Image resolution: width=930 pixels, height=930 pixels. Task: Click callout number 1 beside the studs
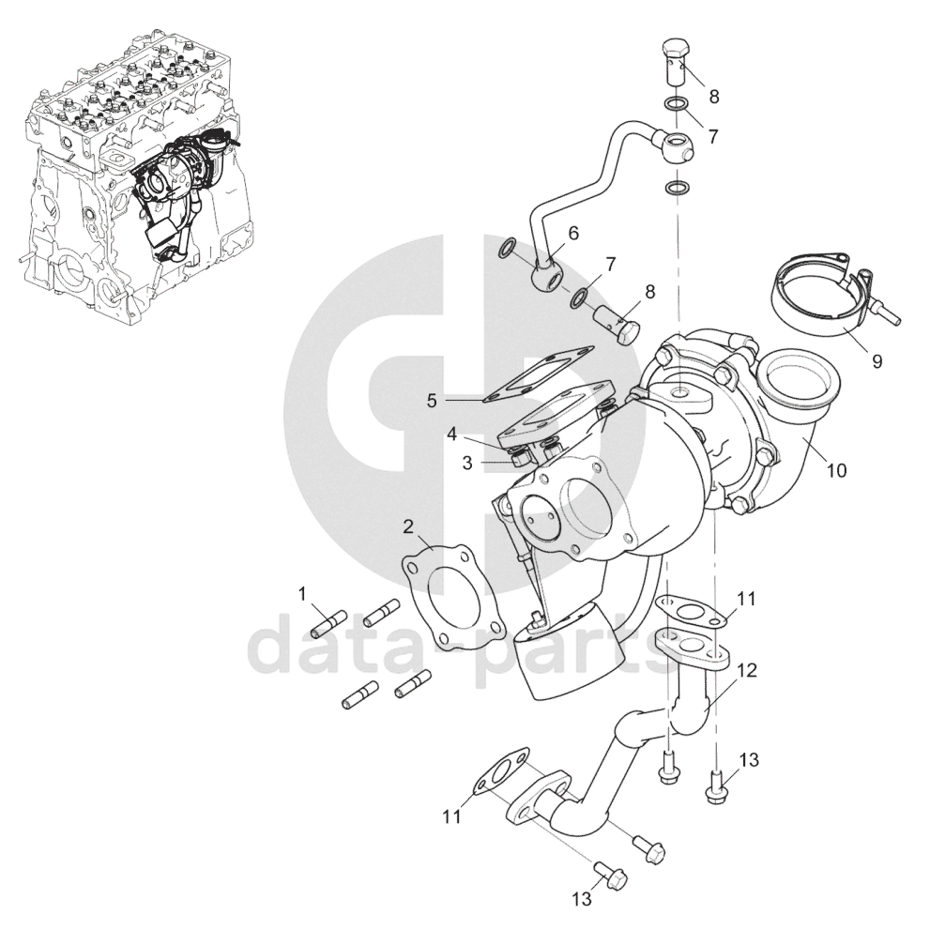pyautogui.click(x=302, y=593)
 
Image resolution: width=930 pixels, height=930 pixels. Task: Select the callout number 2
pyautogui.click(x=408, y=526)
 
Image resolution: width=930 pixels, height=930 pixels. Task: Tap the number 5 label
pyautogui.click(x=432, y=401)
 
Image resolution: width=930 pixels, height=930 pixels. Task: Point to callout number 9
pyautogui.click(x=877, y=361)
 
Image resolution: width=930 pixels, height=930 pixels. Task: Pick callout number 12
pyautogui.click(x=748, y=670)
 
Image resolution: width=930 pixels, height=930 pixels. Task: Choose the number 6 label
pyautogui.click(x=573, y=233)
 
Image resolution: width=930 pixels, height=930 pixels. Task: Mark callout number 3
pyautogui.click(x=467, y=464)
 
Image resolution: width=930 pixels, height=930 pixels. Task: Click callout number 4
pyautogui.click(x=452, y=435)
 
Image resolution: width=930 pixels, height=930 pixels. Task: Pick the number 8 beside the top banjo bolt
pyautogui.click(x=714, y=96)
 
